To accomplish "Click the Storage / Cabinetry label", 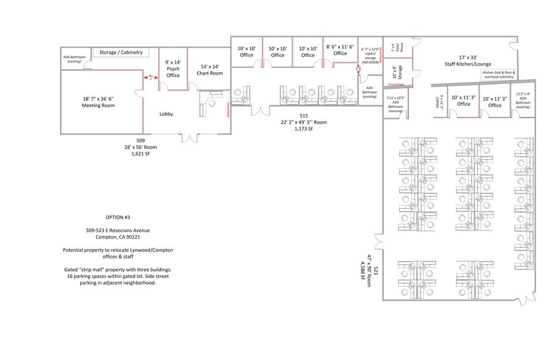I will pyautogui.click(x=121, y=53).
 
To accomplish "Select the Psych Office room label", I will pyautogui.click(x=173, y=69).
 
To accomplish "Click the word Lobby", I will pyautogui.click(x=166, y=114).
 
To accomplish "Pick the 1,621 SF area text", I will pyautogui.click(x=140, y=154).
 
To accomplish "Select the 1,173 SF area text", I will pyautogui.click(x=303, y=129).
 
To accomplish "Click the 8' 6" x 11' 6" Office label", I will pyautogui.click(x=340, y=50).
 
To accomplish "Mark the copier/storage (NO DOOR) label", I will pyautogui.click(x=370, y=55).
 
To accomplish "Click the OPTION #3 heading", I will pyautogui.click(x=118, y=217).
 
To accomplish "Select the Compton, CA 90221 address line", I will pyautogui.click(x=118, y=237).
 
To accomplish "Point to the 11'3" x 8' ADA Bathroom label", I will pyautogui.click(x=522, y=100).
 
